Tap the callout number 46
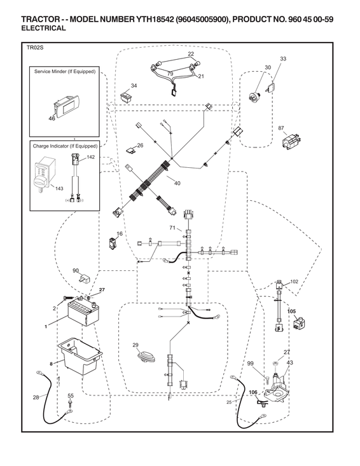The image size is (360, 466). pos(52,118)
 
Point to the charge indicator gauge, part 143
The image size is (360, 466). pos(43,174)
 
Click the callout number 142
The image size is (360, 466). pos(91,157)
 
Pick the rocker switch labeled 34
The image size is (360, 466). pos(126,97)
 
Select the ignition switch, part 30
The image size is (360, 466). pos(255,95)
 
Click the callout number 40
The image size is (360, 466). pos(177,183)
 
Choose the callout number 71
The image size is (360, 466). pos(172,228)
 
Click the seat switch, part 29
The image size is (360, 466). pos(146,357)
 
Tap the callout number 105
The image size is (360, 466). pos(292,312)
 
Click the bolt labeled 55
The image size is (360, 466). pos(70,403)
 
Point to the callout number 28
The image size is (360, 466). pos(36,397)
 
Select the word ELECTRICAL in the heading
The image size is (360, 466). pos(43,28)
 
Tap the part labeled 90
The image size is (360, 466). pos(84,279)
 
